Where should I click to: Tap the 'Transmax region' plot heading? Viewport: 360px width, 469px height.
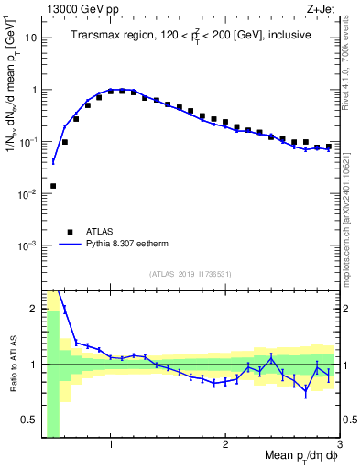(190, 35)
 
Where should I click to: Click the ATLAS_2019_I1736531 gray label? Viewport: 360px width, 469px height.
(191, 274)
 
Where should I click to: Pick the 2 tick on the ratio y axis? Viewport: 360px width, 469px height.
(33, 309)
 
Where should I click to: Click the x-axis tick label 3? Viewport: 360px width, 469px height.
(339, 446)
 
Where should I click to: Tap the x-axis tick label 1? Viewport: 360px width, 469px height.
(111, 446)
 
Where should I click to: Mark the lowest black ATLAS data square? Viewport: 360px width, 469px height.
(53, 186)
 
